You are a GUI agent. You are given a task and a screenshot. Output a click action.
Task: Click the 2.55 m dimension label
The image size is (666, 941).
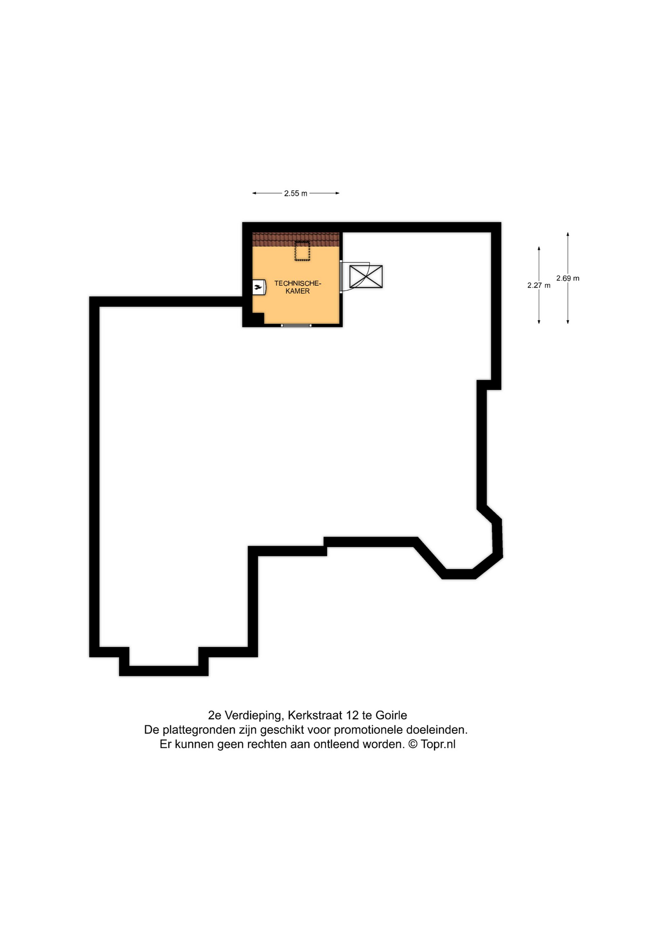(x=296, y=194)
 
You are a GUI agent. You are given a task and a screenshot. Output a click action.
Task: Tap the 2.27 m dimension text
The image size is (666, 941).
(x=538, y=285)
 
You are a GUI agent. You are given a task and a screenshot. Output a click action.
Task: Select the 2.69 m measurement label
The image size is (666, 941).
(x=567, y=278)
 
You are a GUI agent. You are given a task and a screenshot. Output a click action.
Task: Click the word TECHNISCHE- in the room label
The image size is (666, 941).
(x=298, y=283)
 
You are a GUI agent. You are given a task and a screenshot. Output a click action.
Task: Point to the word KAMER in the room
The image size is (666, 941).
(x=298, y=291)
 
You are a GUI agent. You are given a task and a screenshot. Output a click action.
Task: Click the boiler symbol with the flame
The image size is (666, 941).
(x=258, y=287)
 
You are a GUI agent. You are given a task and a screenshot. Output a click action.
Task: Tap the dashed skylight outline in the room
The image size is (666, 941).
(x=302, y=251)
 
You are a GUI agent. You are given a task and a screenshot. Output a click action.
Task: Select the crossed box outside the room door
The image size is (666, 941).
(x=366, y=276)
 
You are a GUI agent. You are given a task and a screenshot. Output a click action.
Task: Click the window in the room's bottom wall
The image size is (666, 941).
(x=296, y=325)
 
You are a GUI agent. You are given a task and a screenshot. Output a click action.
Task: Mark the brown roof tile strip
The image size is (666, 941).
(x=296, y=239)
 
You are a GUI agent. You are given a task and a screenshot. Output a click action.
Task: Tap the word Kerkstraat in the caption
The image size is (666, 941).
(x=315, y=715)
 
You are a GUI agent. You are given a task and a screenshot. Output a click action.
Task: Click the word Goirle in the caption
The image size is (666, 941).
(x=391, y=715)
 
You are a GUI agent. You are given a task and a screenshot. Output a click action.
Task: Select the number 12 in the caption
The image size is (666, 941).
(x=352, y=715)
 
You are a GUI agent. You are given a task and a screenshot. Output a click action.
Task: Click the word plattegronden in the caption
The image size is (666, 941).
(x=199, y=730)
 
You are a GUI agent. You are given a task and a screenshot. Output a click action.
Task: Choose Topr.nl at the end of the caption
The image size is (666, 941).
(x=438, y=744)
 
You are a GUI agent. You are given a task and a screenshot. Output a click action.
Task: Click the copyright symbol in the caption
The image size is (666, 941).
(x=412, y=744)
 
